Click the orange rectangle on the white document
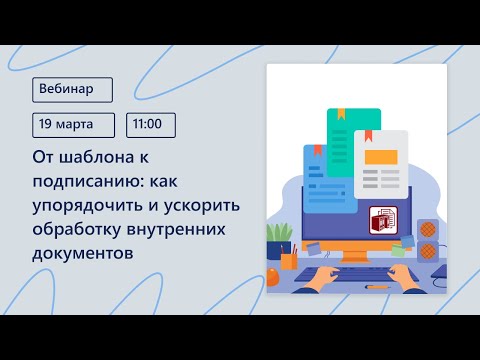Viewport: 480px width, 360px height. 381,155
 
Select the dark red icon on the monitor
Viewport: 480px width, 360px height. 383,221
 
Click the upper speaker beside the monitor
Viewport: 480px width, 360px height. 427,229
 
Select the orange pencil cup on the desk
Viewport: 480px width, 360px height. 287,259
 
